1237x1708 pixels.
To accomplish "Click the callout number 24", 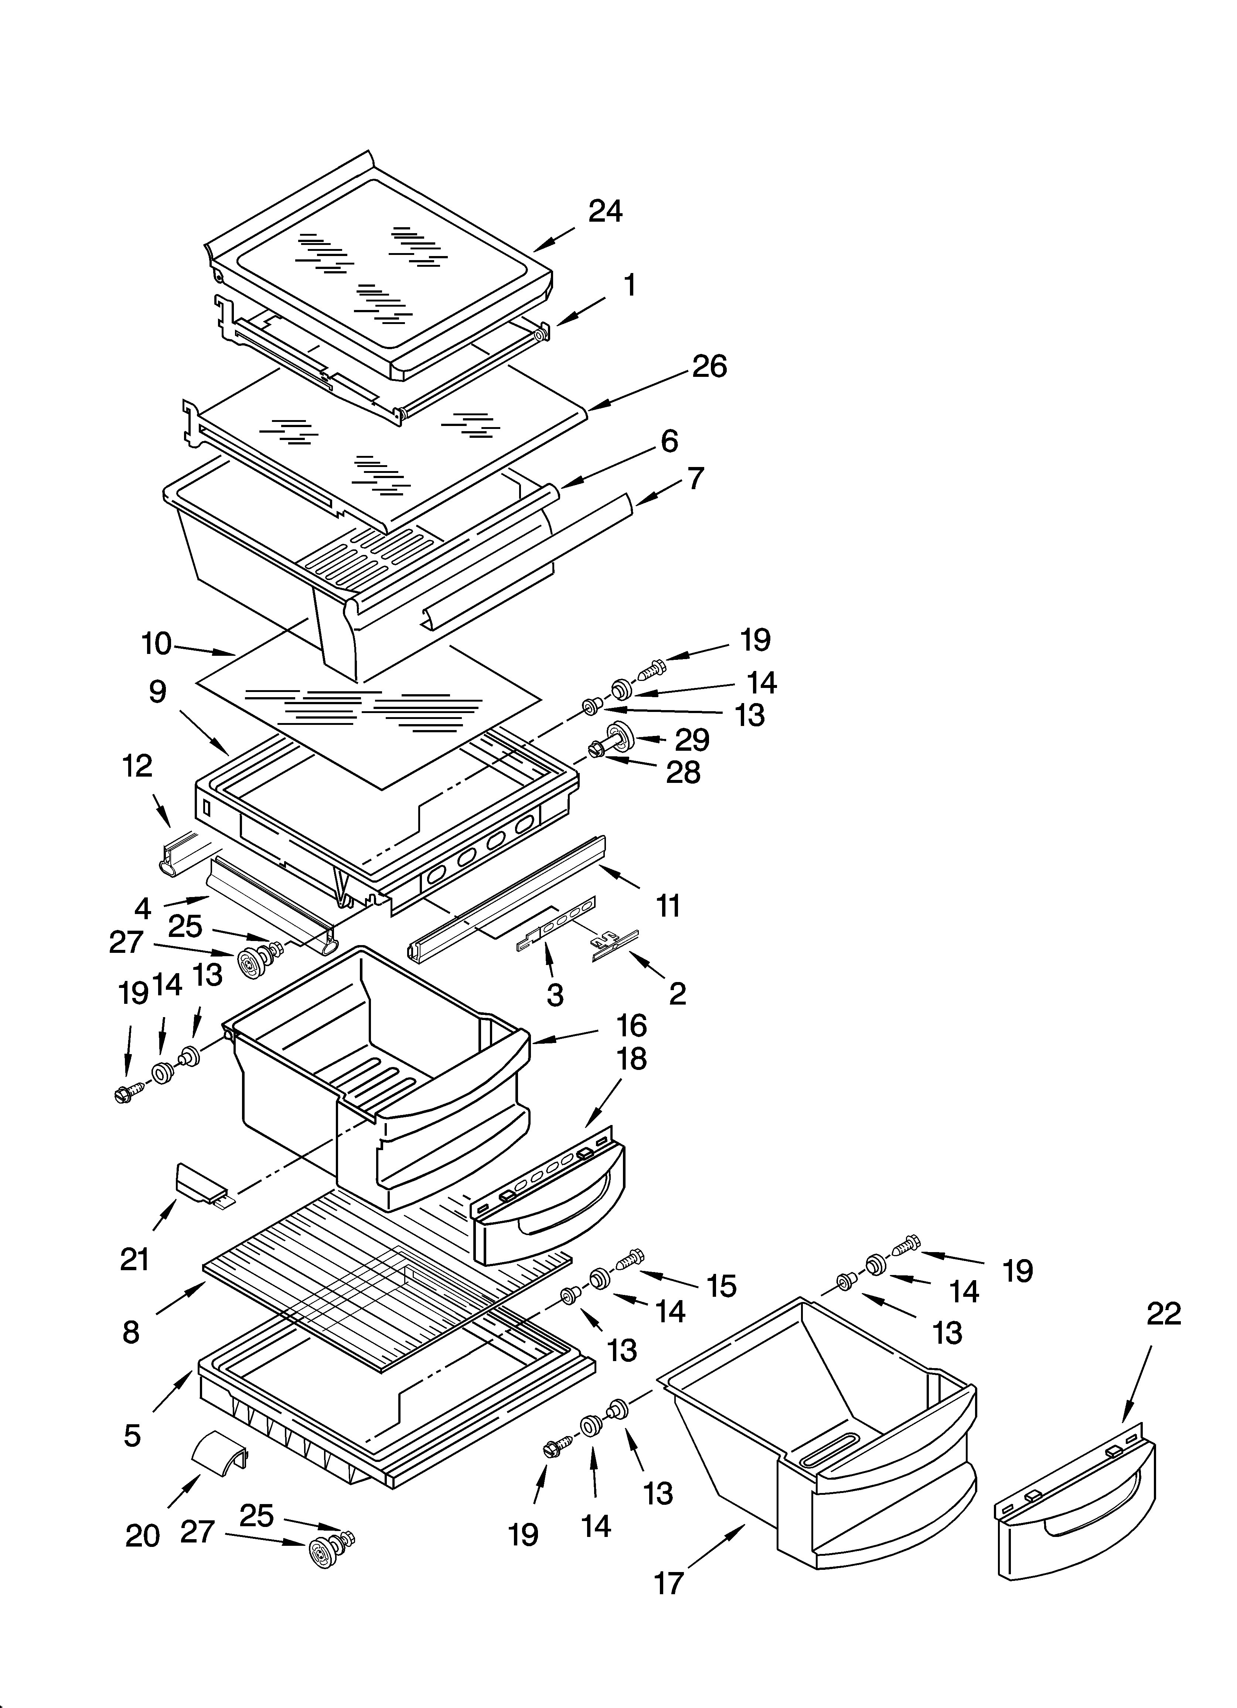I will pos(605,212).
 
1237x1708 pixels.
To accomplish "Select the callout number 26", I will pos(709,367).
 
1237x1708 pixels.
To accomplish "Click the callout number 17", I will pos(668,1583).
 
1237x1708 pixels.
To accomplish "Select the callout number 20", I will pos(142,1535).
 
